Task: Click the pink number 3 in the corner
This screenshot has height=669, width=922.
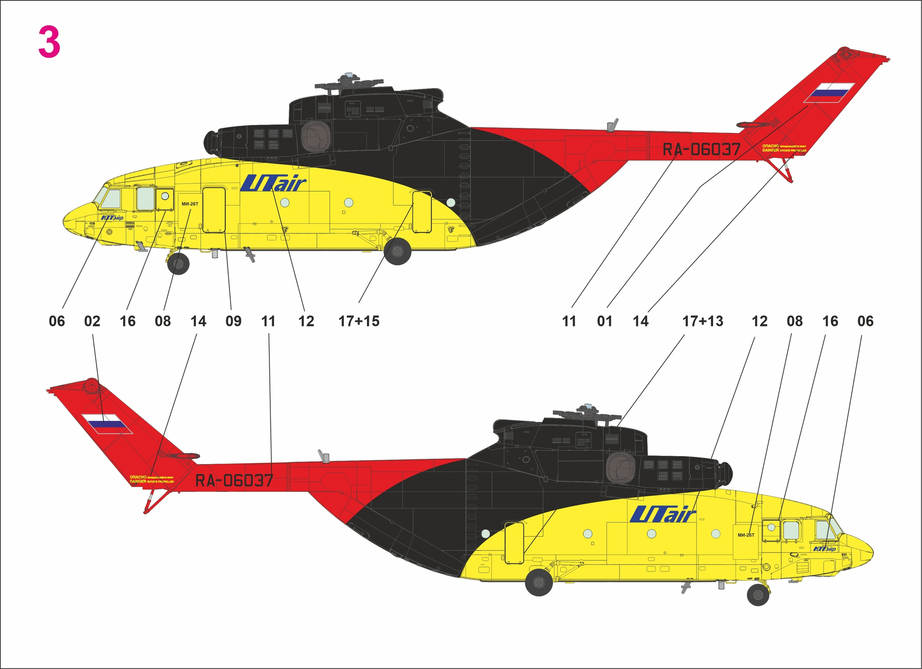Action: coord(49,42)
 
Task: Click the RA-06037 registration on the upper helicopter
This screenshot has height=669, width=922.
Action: coord(702,149)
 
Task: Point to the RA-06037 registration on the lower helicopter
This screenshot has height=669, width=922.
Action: coord(234,480)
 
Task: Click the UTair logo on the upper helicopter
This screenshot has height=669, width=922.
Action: coord(274,183)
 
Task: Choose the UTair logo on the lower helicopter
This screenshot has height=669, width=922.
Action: coord(663,515)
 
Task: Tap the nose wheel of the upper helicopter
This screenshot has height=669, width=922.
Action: coord(178,263)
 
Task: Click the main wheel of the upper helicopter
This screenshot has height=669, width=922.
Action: coord(398,251)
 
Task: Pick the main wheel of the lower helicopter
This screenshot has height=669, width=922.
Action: coord(539,582)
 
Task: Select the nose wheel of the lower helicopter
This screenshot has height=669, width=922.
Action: coord(758,595)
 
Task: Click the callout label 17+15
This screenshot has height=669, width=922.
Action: coord(359,321)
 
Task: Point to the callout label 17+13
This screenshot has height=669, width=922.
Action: coord(703,321)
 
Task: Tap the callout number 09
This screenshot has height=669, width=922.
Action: coord(233,321)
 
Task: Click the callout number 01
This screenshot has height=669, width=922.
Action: coord(605,321)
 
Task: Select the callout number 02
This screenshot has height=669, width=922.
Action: coord(92,321)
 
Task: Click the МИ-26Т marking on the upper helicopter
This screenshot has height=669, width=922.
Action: coord(190,204)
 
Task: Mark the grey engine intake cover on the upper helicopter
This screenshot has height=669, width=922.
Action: coord(315,136)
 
